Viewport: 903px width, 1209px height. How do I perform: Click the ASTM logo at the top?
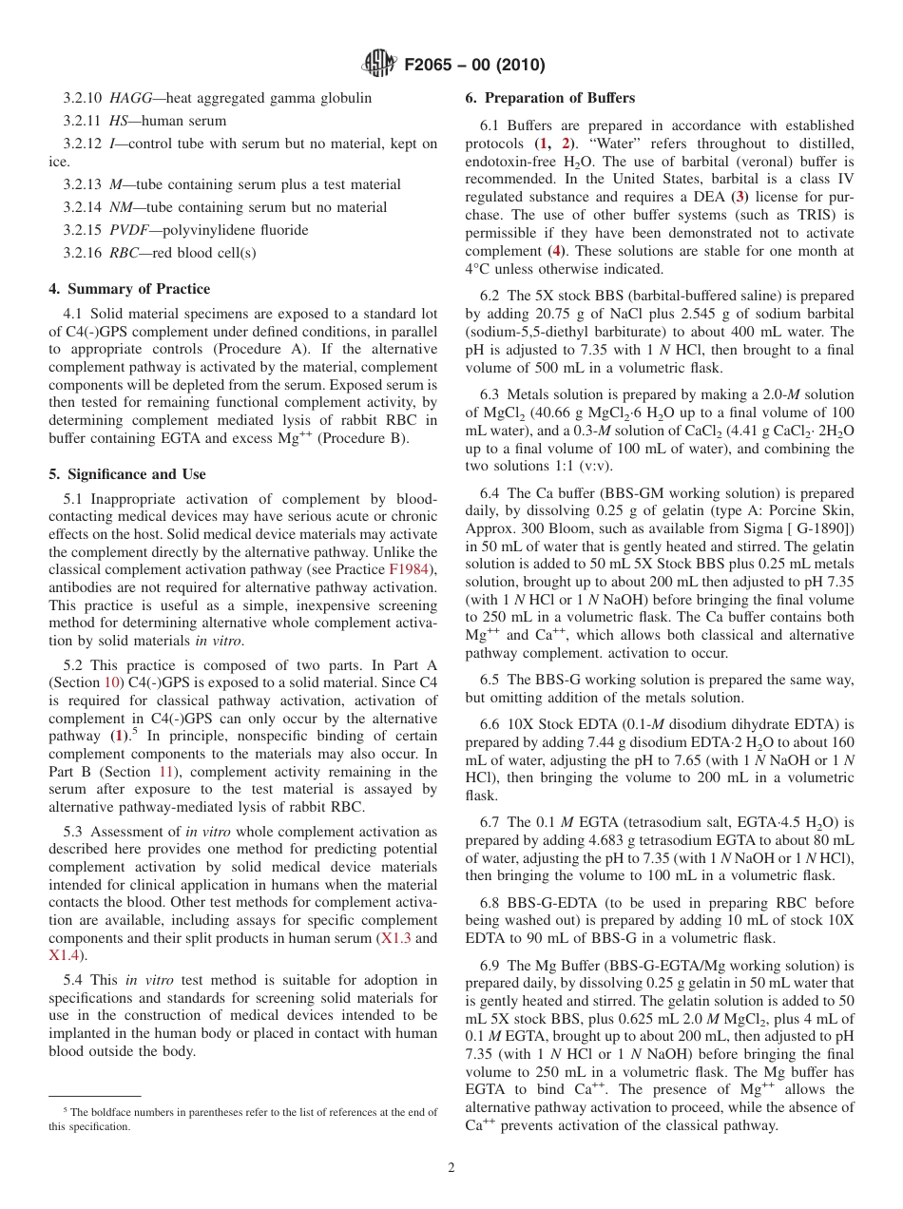pyautogui.click(x=380, y=65)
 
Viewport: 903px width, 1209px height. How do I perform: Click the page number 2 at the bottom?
pyautogui.click(x=451, y=1168)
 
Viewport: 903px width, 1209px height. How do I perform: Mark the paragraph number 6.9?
pyautogui.click(x=491, y=966)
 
